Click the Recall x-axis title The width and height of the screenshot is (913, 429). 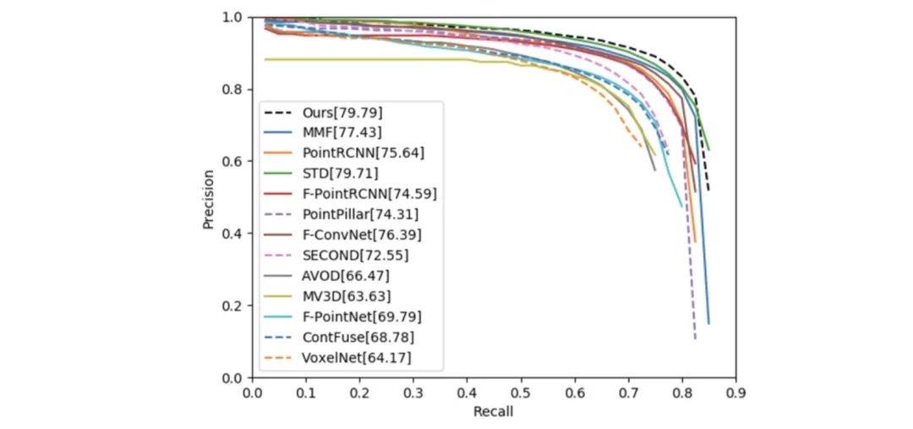tap(494, 412)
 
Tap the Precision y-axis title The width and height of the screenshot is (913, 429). tap(209, 198)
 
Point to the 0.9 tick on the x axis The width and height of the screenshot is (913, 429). tap(735, 392)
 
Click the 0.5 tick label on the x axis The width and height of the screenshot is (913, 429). tap(520, 392)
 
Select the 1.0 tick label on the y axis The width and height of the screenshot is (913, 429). tap(233, 17)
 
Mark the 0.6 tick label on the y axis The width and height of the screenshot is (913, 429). tap(233, 162)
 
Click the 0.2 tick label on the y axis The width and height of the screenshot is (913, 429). tap(233, 305)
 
